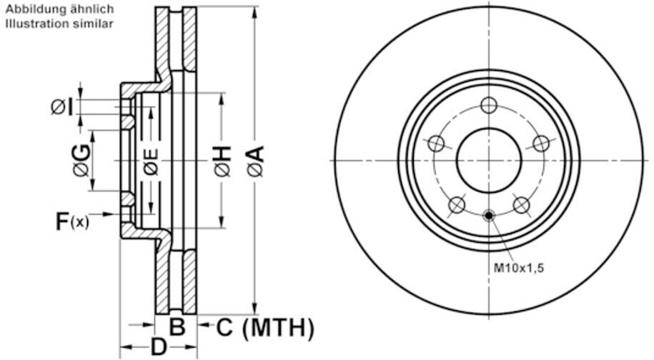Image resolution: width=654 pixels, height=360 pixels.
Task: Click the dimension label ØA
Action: tap(255, 161)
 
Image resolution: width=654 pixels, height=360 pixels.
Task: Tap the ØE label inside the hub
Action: tap(151, 162)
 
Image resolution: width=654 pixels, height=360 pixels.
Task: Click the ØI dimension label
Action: tap(61, 106)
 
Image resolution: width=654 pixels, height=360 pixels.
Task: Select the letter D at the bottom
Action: tap(158, 348)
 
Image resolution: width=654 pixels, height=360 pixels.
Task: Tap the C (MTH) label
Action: tap(264, 328)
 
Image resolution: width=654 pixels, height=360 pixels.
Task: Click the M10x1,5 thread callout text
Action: tap(520, 268)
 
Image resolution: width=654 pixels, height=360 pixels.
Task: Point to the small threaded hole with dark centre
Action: tap(488, 214)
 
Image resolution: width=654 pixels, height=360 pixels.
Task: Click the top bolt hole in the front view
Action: tap(488, 106)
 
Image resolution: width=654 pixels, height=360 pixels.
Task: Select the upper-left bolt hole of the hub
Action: tap(436, 144)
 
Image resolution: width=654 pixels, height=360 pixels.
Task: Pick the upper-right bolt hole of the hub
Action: tap(541, 144)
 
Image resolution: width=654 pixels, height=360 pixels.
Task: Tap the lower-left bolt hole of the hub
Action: tap(456, 206)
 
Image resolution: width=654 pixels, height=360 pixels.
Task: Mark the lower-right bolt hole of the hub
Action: tap(521, 206)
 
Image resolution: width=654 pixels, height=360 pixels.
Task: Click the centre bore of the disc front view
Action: tap(488, 160)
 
